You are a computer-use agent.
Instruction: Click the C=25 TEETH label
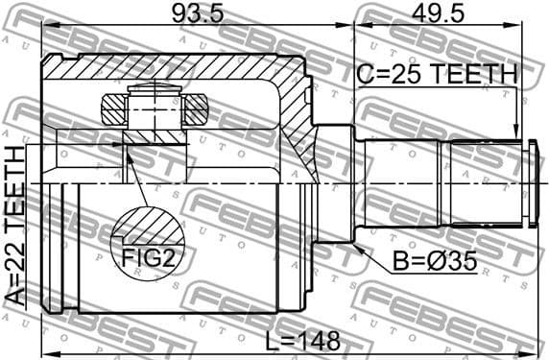coord(437,74)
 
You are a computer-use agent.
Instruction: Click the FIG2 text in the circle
coord(147,257)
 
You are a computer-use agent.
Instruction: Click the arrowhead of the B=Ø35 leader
coord(357,246)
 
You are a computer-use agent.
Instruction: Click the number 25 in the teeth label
coord(403,74)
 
